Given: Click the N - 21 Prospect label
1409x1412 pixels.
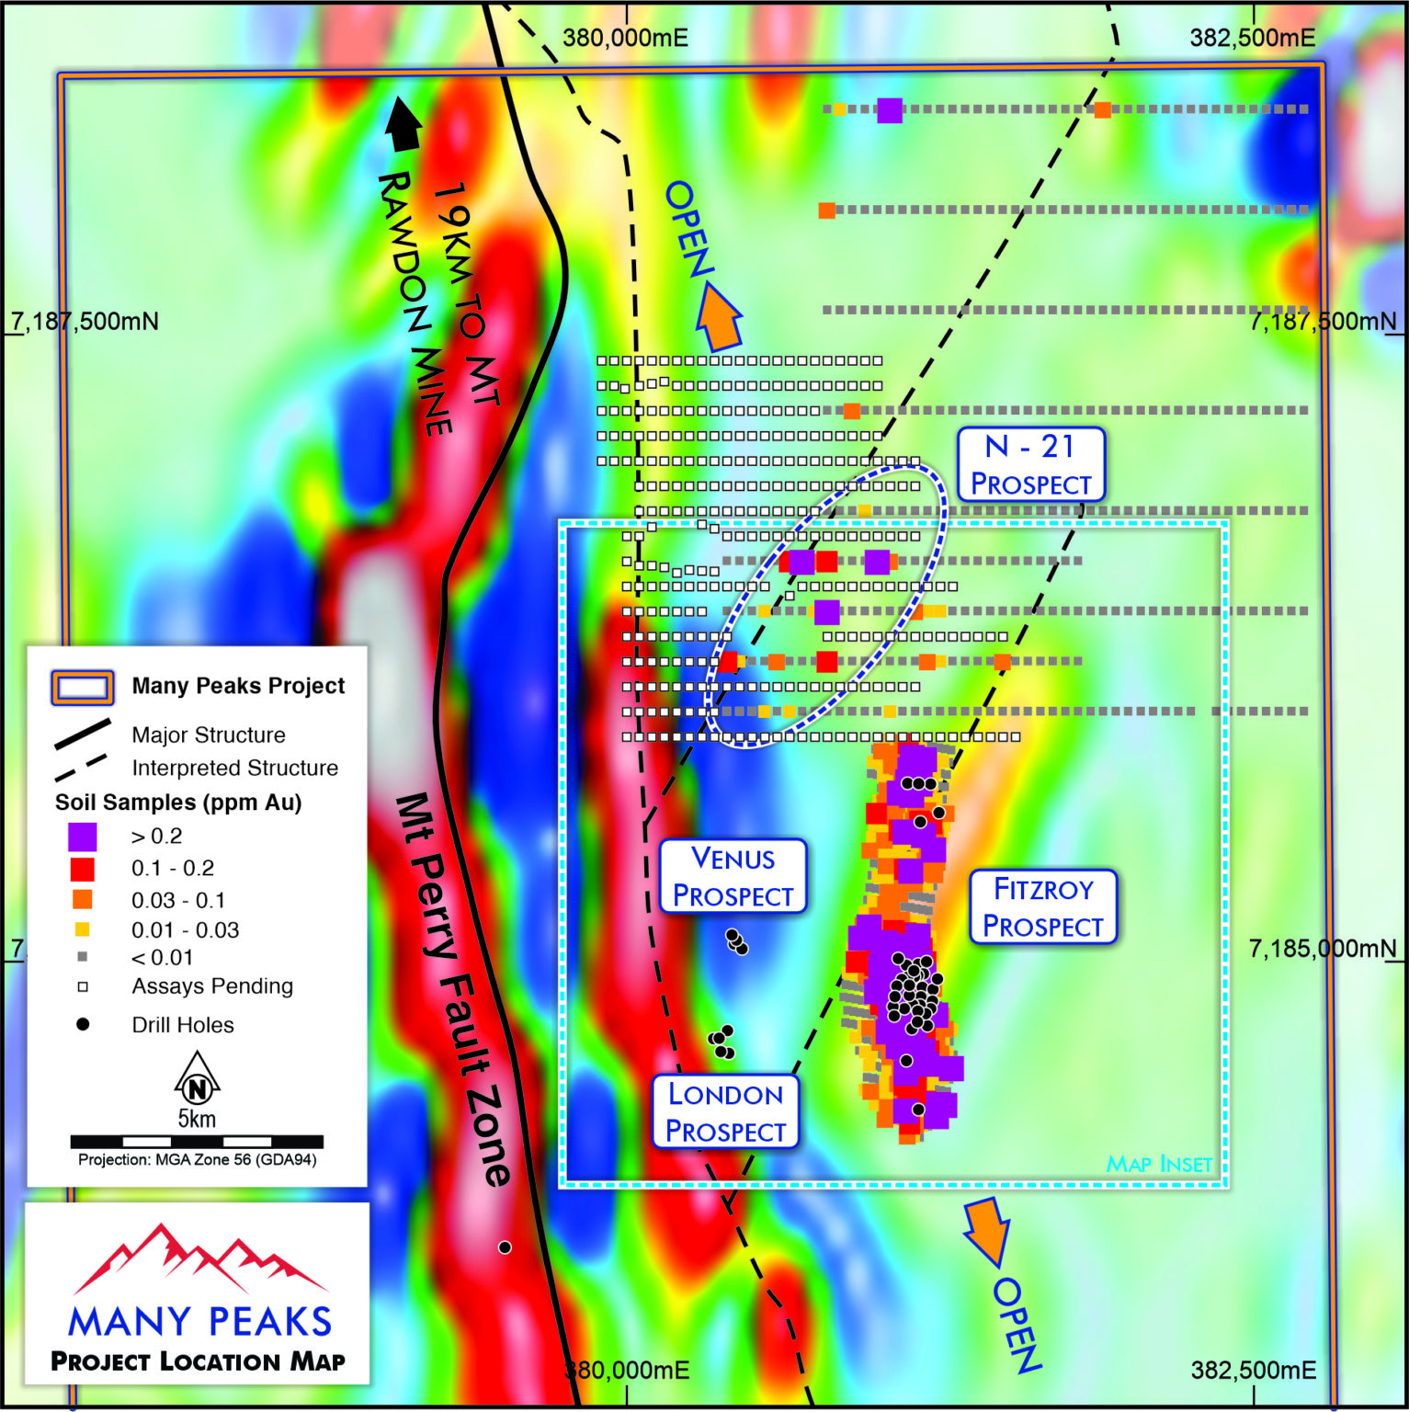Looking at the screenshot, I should tap(1030, 465).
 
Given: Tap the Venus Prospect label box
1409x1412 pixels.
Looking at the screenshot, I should tap(733, 876).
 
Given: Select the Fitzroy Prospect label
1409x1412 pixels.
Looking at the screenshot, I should tap(1043, 907).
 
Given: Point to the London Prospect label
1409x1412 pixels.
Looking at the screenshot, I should tap(725, 1112).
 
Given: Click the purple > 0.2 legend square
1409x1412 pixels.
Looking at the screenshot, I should tap(82, 837).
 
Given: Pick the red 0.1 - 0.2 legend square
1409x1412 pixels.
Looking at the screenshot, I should tap(82, 869).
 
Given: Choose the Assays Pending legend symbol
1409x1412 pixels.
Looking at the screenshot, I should tap(83, 987).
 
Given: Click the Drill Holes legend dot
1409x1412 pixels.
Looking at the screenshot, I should tap(83, 1024).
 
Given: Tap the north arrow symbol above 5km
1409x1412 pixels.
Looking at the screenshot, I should tap(197, 1079).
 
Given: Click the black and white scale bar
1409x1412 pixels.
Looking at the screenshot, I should tap(197, 1142).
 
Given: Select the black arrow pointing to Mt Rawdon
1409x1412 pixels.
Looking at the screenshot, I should tap(403, 124).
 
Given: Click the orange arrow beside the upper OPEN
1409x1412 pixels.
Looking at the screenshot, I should tap(719, 316).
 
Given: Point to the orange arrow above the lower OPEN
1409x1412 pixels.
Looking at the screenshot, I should tap(987, 1229).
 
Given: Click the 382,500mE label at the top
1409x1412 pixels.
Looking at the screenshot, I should tap(1252, 39).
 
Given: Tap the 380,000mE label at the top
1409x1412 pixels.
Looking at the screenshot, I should tap(625, 39).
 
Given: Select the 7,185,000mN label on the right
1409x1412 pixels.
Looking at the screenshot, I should tap(1322, 949).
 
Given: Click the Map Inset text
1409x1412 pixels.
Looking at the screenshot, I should tap(1159, 1165).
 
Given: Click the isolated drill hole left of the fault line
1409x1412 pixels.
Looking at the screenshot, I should tap(505, 1247).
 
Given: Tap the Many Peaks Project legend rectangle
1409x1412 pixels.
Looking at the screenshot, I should tap(83, 687).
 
